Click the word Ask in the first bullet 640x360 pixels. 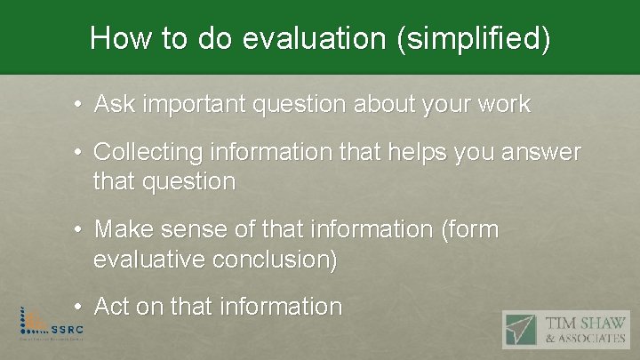click(116, 105)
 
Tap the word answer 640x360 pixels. click(541, 154)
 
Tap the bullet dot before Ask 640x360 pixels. click(79, 106)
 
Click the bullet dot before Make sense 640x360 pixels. click(79, 231)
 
